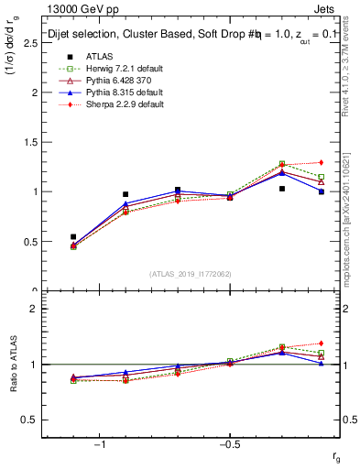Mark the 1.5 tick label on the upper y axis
33,142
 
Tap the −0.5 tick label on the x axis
229,444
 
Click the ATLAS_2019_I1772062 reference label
191,274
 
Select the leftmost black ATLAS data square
73,236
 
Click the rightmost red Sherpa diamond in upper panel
321,162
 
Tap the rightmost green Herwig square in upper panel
321,177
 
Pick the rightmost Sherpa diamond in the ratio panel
321,344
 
